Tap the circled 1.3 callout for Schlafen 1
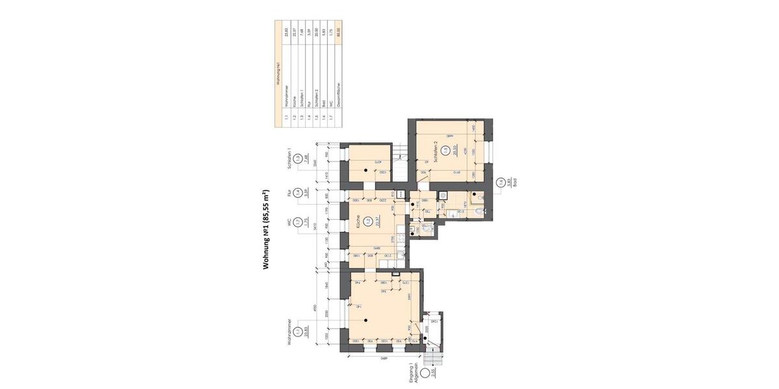[297, 159]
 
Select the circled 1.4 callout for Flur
[297, 193]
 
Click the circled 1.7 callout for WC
[297, 222]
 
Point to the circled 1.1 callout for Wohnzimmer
[297, 331]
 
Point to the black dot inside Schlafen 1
[366, 169]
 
